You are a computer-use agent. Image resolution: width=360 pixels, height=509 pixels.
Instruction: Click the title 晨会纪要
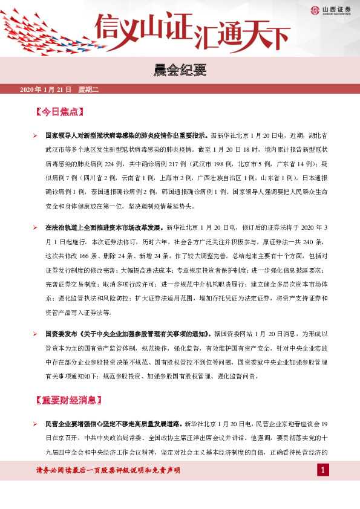coord(180,72)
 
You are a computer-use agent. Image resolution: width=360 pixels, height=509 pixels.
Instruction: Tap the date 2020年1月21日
coord(45,90)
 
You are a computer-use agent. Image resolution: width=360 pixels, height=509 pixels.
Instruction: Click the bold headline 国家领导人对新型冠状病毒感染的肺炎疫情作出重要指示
coord(127,136)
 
